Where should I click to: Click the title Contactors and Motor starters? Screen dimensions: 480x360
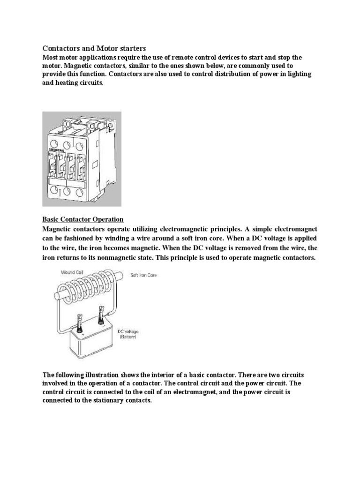(95, 48)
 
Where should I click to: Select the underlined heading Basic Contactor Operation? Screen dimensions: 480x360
(83, 219)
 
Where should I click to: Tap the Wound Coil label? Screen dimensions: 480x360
(73, 272)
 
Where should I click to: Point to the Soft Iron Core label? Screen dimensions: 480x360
(143, 275)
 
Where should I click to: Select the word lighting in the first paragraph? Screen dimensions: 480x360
(298, 75)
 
